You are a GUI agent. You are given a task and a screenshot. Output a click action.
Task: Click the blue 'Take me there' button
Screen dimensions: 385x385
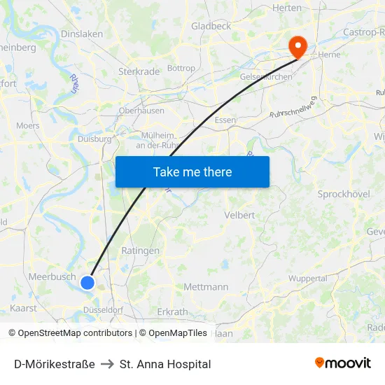point(192,171)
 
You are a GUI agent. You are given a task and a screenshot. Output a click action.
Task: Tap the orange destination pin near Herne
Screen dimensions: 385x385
point(298,46)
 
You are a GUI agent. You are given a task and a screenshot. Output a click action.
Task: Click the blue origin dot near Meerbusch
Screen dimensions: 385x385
point(87,282)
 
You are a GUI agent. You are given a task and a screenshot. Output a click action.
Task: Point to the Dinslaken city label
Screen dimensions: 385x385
point(82,34)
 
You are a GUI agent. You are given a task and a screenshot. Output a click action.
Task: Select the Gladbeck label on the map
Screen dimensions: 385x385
point(211,26)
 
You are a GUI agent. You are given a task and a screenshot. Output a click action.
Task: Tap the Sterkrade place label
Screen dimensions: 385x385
point(139,71)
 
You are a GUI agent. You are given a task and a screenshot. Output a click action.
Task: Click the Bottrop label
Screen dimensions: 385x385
point(181,69)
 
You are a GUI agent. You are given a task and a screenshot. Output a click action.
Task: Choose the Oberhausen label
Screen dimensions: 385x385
point(141,111)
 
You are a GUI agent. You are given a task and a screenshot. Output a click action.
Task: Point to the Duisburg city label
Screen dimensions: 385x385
point(94,139)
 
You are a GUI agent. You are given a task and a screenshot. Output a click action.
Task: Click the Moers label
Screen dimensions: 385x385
point(28,125)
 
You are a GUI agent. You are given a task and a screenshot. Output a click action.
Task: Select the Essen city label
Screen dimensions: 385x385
point(225,120)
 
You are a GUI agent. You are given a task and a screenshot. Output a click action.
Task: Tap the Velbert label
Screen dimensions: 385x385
point(239,216)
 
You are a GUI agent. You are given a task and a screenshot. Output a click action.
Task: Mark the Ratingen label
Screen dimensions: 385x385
point(140,251)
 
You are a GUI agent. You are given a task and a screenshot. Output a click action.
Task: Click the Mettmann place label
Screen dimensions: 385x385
point(206,287)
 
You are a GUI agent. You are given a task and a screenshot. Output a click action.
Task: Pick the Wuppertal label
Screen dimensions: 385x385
point(307,278)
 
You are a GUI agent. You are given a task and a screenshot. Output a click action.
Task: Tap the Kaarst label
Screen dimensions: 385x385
point(23,308)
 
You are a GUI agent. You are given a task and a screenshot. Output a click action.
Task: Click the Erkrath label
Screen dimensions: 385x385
point(173,311)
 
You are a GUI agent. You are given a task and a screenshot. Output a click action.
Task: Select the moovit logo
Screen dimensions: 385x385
point(343,363)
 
